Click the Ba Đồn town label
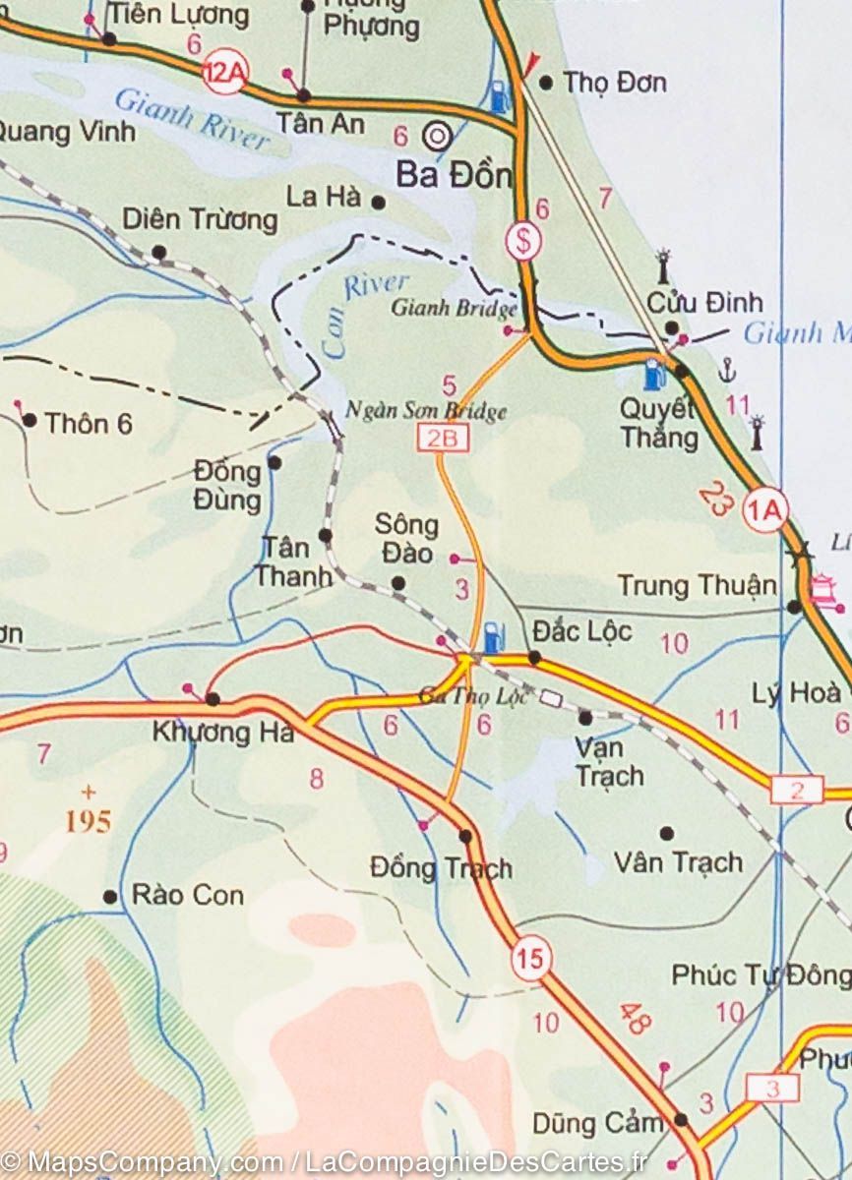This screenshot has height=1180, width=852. point(454,175)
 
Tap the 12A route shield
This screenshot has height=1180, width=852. point(224,74)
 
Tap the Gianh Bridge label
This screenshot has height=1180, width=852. point(454,309)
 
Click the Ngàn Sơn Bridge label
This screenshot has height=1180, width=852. point(426,411)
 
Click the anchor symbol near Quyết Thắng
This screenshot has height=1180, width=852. point(727,370)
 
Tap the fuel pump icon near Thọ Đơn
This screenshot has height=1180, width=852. point(499,95)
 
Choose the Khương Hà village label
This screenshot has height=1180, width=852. point(223,733)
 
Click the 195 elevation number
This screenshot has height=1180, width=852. point(89,821)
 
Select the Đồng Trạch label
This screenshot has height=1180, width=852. point(441,868)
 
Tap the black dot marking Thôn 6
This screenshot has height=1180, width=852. point(30,421)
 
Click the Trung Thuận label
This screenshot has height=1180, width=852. point(697,586)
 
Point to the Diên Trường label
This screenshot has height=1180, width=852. point(200,219)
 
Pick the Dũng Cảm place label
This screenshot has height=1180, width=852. point(591,1123)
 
